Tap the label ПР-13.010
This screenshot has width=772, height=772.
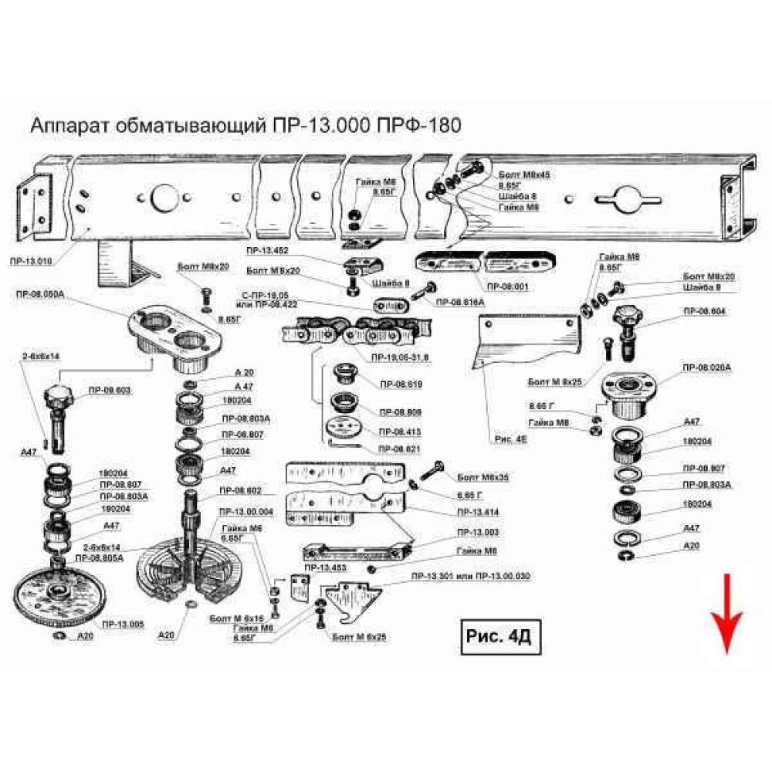click(32, 262)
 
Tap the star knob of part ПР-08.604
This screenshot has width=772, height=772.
click(628, 317)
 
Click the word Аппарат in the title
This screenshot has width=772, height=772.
click(67, 126)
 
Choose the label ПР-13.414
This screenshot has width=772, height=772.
click(477, 512)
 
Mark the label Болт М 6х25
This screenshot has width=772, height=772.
click(359, 637)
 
